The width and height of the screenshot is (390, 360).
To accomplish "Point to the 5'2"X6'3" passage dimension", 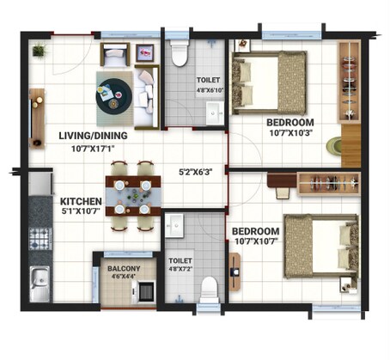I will click(195, 171).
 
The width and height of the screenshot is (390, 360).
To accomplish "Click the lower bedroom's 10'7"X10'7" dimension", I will click(256, 243).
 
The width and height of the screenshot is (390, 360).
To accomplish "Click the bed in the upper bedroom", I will click(269, 82).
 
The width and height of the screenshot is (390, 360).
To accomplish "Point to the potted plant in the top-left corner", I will click(38, 52).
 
